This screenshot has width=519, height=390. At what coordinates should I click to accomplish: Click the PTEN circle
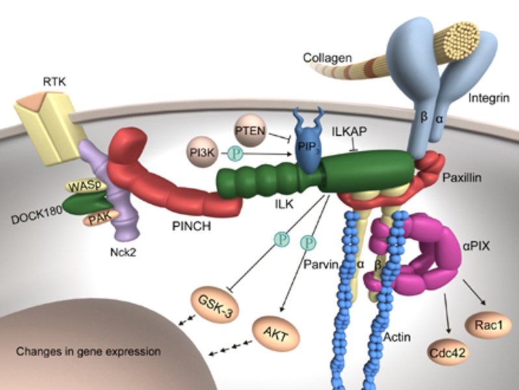click(250, 131)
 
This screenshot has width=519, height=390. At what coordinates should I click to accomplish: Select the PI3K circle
click(203, 154)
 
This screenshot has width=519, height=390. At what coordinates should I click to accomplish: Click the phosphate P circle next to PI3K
click(235, 154)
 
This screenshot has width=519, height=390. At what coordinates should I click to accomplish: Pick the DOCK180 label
click(33, 215)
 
